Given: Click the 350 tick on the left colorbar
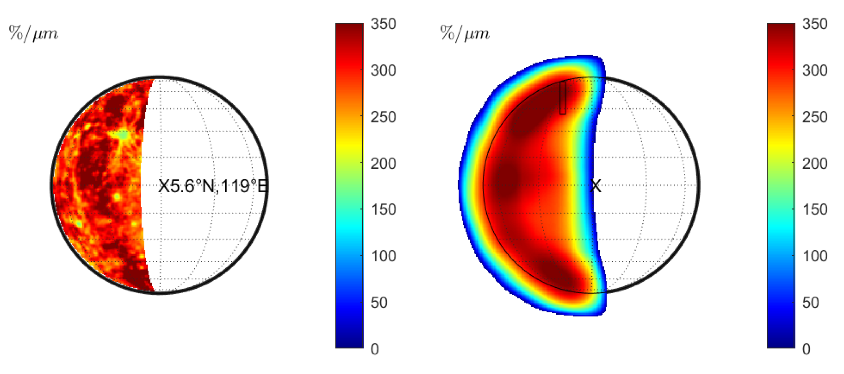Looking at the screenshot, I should [383, 24].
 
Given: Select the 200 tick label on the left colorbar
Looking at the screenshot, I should [383, 164].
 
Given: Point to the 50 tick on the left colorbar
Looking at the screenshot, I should [379, 303].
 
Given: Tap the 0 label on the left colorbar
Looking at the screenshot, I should [375, 349].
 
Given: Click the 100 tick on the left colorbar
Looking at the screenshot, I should [383, 256].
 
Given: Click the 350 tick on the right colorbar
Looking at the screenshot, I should [815, 24].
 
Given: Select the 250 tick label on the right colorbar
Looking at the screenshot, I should [815, 117].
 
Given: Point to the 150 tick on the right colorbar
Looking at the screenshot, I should [815, 210].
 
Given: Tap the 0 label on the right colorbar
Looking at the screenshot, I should [806, 349].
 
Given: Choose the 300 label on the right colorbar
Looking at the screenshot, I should [815, 71].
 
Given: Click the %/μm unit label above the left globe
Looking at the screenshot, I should [33, 33].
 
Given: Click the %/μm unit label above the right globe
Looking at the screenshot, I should [465, 33].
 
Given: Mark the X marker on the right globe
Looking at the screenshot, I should [596, 186].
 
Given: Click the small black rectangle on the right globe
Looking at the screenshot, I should [563, 98].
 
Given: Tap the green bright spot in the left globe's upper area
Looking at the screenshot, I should [123, 135].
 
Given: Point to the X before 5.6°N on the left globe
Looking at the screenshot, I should [163, 186].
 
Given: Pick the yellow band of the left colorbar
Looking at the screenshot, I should [350, 145].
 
